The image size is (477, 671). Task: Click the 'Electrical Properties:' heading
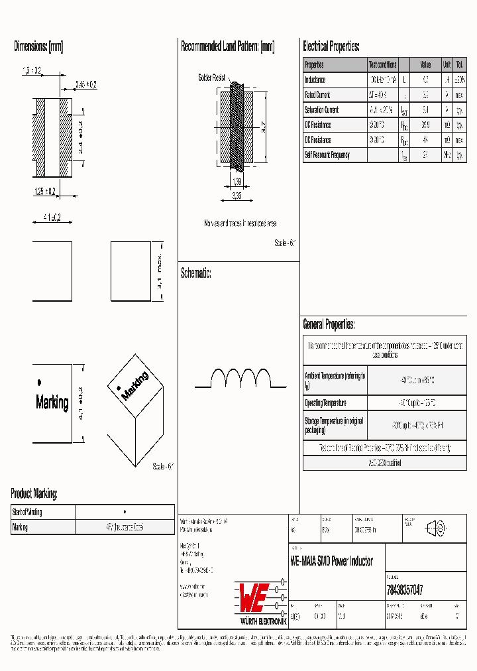point(331,46)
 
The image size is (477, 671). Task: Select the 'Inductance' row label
point(315,80)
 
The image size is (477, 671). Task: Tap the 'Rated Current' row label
point(317,95)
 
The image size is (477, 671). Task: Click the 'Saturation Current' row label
point(321,110)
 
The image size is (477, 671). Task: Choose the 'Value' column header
point(425,65)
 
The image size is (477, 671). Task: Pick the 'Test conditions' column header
point(382,65)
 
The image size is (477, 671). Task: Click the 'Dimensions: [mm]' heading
point(38,46)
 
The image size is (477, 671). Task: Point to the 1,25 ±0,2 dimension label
point(45,192)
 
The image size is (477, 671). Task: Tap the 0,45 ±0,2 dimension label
point(85,84)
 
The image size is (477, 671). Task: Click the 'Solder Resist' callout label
point(212,78)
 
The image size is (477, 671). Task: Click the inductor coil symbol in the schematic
point(240,379)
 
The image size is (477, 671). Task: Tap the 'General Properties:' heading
point(329,324)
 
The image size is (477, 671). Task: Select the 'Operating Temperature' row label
point(325,403)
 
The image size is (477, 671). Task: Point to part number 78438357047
point(404,589)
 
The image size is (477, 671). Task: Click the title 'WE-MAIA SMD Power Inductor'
point(332,561)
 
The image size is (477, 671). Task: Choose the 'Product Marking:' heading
point(34,493)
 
